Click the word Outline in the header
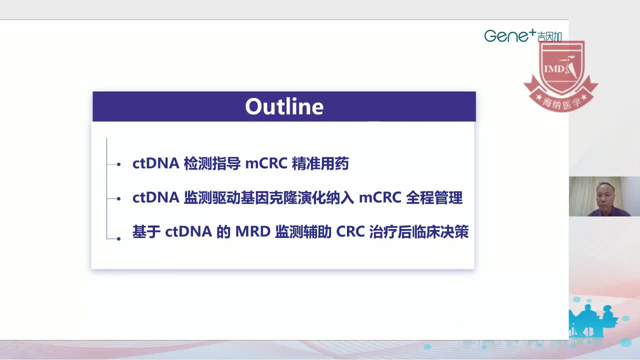pos(284,106)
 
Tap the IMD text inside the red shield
pos(554,68)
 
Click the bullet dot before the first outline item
pos(118,164)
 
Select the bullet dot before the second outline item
pos(118,198)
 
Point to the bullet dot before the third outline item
pos(118,238)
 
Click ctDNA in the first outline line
pos(155,163)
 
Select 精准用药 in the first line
pos(320,163)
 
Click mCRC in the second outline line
pos(380,198)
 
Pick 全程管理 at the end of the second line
pos(434,198)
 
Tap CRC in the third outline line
pos(350,232)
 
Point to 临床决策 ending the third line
pos(440,232)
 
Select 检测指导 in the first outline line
pos(212,163)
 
